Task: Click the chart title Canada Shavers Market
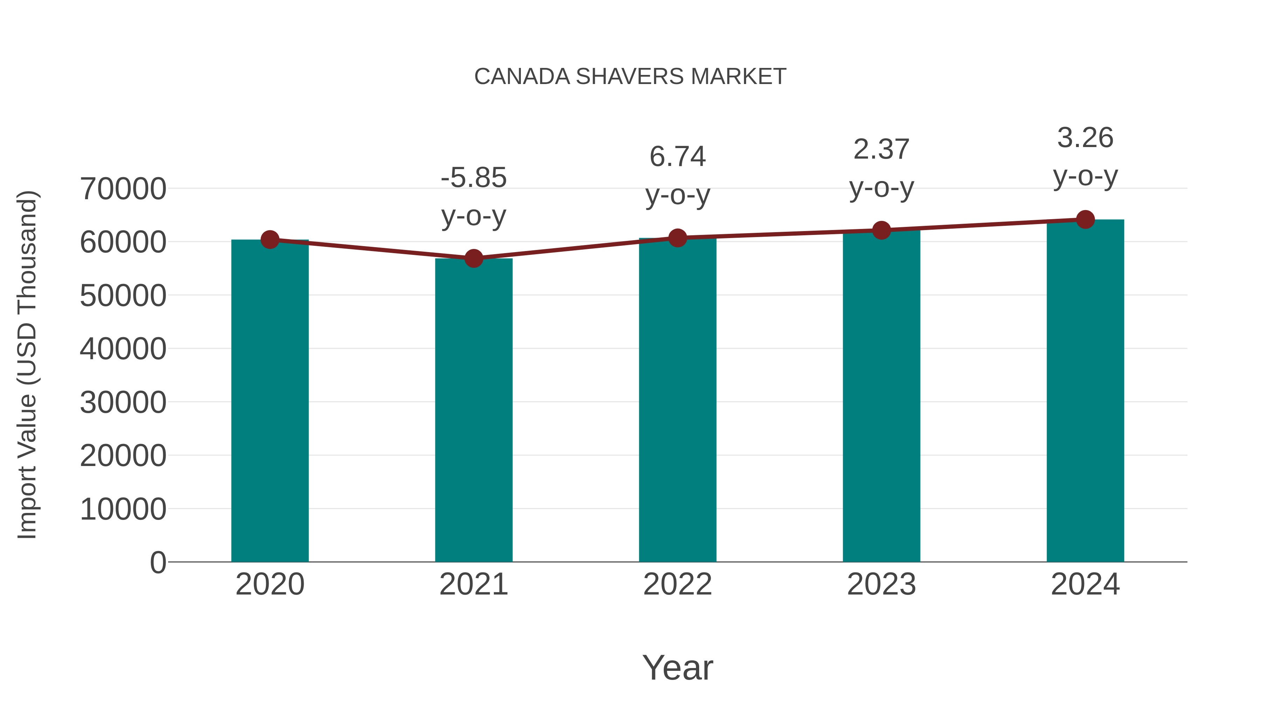[x=630, y=76]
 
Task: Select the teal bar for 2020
[x=270, y=401]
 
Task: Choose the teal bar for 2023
[x=881, y=396]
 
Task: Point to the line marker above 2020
[x=270, y=240]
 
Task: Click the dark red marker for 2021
[x=473, y=258]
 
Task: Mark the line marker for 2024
[x=1085, y=220]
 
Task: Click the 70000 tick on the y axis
[x=123, y=189]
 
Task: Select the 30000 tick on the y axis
[x=123, y=403]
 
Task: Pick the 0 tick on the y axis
[x=158, y=563]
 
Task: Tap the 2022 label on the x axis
[x=677, y=584]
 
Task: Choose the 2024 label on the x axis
[x=1085, y=584]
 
